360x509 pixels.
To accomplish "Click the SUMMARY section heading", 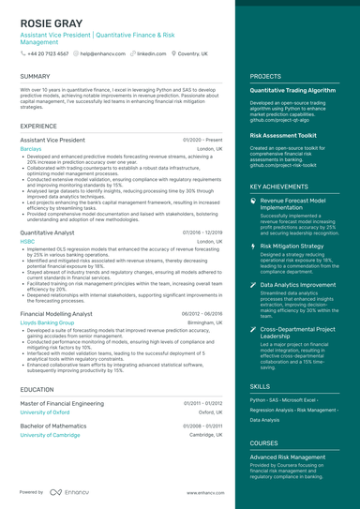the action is point(35,76).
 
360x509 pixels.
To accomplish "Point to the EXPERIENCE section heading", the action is point(38,125).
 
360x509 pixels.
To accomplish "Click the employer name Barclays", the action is point(30,148).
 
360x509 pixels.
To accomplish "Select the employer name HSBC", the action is point(26,241).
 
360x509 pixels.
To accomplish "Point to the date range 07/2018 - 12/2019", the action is point(202,231).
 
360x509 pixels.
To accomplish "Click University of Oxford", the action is point(44,412).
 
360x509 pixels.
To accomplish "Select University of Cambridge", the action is point(49,435).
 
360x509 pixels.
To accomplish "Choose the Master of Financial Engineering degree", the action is point(67,402).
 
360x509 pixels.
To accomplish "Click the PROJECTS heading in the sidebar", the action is point(265,76).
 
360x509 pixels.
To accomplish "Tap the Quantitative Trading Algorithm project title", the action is point(292,90).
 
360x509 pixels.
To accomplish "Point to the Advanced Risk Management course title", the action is point(290,457).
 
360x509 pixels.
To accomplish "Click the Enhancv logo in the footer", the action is point(69,491).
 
